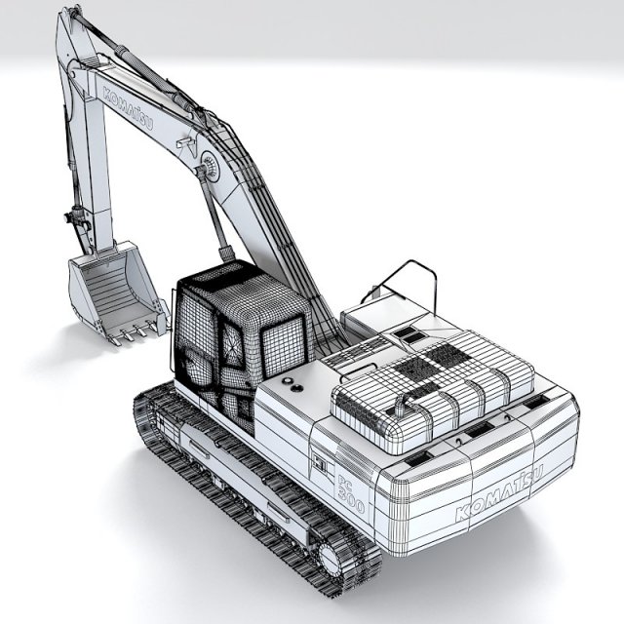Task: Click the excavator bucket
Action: pos(109,288)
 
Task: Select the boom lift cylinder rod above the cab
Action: pos(215,219)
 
